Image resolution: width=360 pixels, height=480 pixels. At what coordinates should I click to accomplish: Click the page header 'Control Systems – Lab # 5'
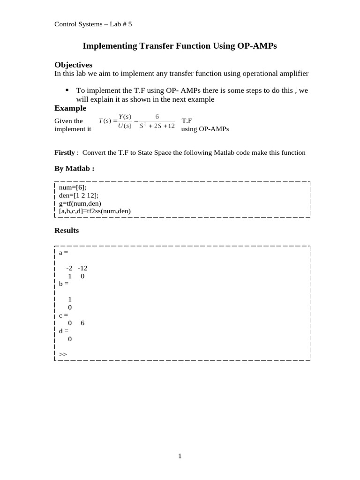click(93, 24)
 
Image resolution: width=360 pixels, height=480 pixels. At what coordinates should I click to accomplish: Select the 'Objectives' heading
click(73, 65)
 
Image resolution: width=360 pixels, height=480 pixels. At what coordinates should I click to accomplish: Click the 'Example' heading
click(70, 108)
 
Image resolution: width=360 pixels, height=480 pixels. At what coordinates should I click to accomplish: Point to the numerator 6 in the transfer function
click(157, 117)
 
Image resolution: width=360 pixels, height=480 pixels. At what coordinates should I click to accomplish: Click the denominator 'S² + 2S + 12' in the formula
click(157, 126)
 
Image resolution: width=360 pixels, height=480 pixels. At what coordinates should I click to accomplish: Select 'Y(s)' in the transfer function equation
click(125, 117)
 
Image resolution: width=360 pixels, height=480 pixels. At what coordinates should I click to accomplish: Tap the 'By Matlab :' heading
click(74, 168)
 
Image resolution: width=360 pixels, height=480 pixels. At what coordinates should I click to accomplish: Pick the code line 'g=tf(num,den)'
click(80, 203)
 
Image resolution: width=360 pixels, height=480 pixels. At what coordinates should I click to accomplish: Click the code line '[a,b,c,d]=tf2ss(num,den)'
click(95, 211)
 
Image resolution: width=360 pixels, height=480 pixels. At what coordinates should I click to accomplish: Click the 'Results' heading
click(67, 231)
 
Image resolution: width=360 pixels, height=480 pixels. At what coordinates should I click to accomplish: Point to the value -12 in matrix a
click(82, 268)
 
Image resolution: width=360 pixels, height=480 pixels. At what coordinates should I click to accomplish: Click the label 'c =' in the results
click(63, 315)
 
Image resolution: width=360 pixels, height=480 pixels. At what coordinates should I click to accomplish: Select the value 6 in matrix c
click(82, 323)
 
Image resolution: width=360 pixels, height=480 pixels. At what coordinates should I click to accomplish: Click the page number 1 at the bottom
click(180, 456)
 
